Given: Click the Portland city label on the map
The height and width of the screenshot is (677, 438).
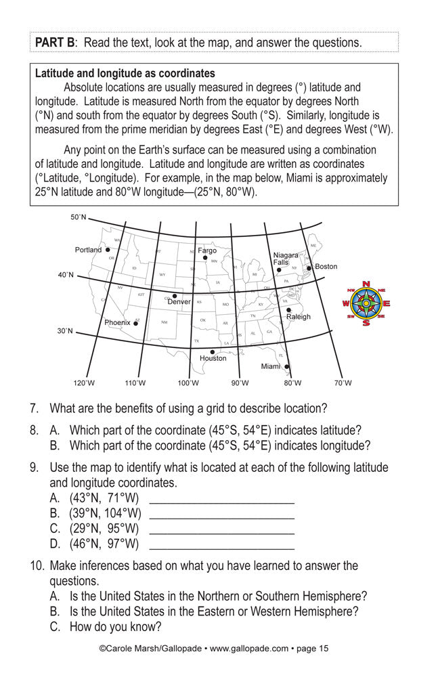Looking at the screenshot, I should pos(88,250).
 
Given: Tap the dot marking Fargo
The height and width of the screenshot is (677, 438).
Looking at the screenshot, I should pos(204,258).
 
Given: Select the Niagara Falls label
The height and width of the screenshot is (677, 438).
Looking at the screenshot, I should pos(285,259).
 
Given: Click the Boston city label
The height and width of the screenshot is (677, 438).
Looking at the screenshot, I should pos(326,267).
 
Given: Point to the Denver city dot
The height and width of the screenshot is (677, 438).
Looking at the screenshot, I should pos(174,296).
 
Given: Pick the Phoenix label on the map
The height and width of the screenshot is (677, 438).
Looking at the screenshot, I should pos(117,323).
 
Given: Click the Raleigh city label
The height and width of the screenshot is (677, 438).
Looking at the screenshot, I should pos(298,317).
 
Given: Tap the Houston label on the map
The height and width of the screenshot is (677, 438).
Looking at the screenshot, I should pos(213,358).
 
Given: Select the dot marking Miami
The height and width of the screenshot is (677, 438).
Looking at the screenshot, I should pos(286,366).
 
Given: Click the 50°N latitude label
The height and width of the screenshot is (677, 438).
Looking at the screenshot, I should pos(79,217).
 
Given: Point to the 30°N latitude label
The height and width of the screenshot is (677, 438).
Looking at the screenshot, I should pos(65,331).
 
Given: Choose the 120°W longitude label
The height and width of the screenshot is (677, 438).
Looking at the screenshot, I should pos(84,383).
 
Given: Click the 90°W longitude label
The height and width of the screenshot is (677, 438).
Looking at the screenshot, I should pos(240,383).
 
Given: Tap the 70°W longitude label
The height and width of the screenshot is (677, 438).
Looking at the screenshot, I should pos(343,383).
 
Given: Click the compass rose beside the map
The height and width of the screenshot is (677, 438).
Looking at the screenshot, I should pos(366,303).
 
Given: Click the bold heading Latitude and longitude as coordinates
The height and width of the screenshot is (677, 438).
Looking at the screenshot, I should pos(125,73).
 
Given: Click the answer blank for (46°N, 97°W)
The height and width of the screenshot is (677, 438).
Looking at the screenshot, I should pos(221,544).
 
